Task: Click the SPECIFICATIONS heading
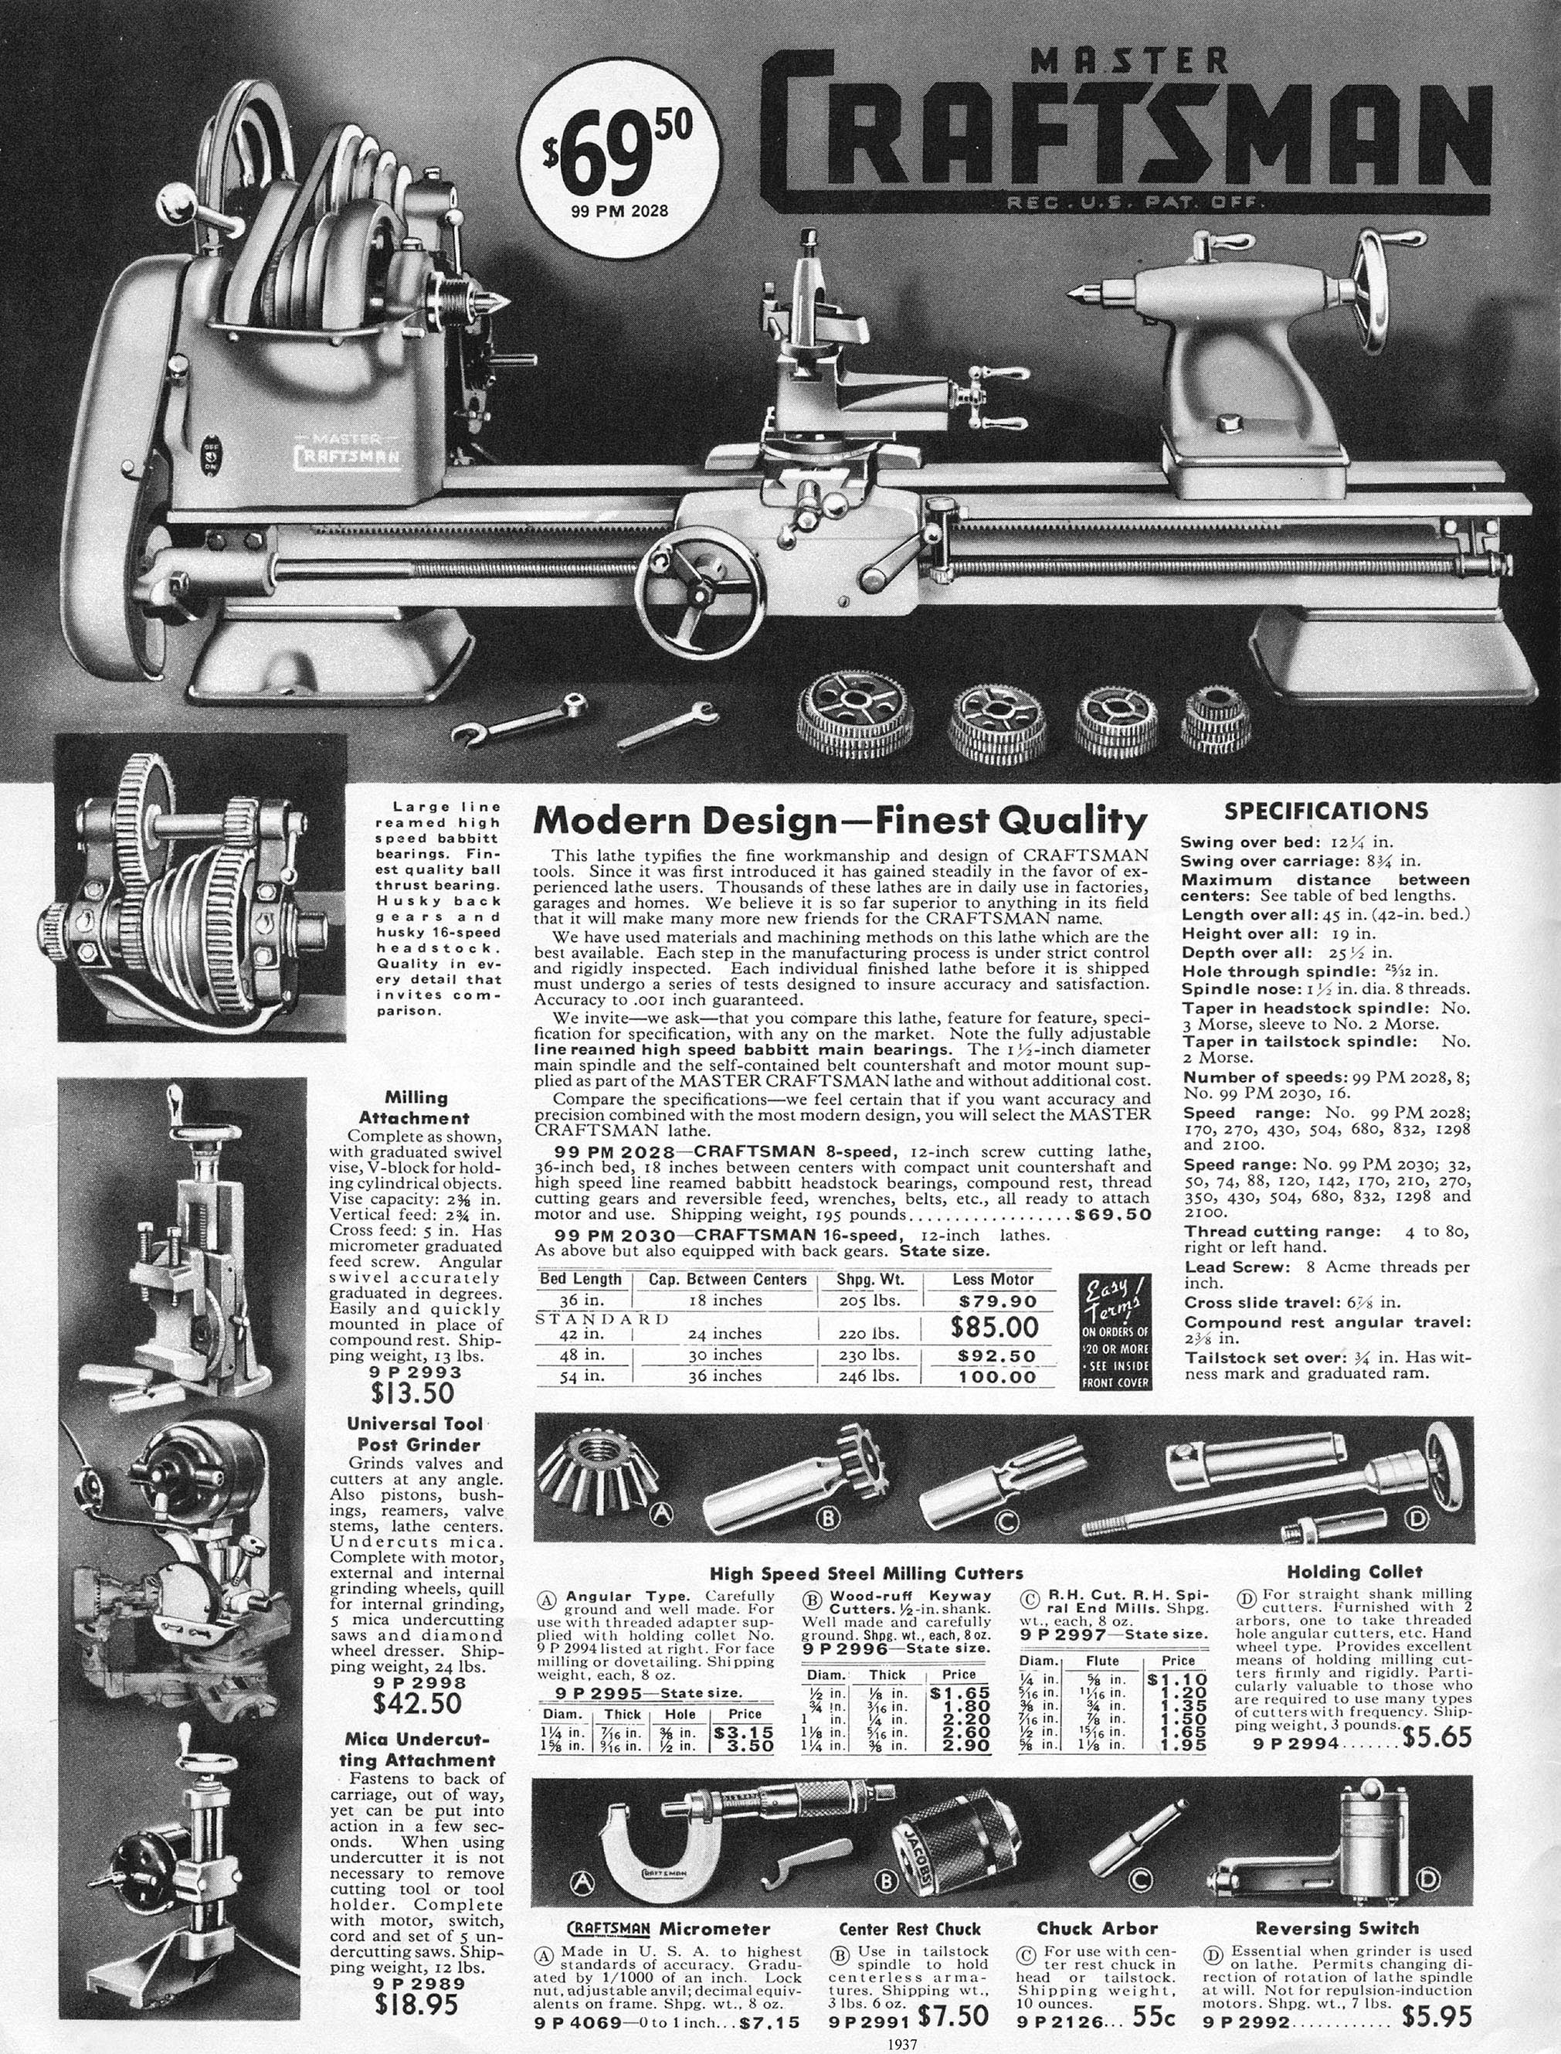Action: (x=1327, y=811)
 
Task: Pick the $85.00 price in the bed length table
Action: (x=997, y=1325)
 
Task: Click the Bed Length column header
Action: (x=582, y=1279)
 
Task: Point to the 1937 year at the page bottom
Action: (x=901, y=2042)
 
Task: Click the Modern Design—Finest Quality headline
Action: (x=840, y=821)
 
